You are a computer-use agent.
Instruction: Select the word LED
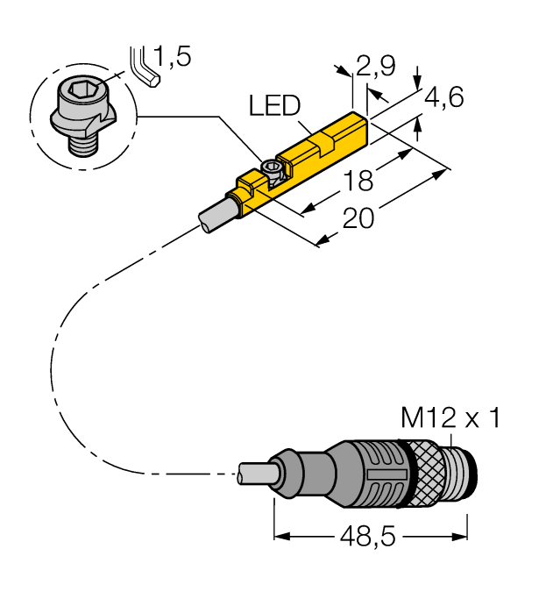click(x=274, y=106)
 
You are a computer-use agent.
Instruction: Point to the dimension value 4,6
click(x=443, y=98)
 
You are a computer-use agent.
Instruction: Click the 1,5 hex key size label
click(x=171, y=58)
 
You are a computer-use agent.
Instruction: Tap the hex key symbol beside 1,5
click(x=142, y=67)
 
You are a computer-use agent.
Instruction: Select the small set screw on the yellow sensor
click(x=273, y=168)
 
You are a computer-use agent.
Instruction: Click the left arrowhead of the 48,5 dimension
click(x=281, y=536)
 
